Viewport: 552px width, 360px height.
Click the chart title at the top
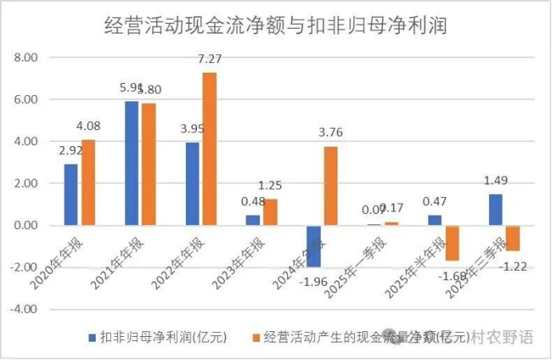(x=275, y=26)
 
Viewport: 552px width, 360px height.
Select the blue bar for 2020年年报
(x=72, y=194)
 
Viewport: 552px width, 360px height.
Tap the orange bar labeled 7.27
(x=209, y=148)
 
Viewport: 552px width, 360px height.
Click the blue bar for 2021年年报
(x=132, y=163)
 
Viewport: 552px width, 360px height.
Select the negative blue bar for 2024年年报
(x=313, y=245)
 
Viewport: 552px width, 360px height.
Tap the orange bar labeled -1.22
(x=512, y=238)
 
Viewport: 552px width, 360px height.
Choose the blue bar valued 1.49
(x=495, y=209)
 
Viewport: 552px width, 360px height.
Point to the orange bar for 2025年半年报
(x=452, y=243)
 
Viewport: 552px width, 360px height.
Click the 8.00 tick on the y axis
(x=26, y=58)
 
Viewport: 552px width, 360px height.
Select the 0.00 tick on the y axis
(x=26, y=225)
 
